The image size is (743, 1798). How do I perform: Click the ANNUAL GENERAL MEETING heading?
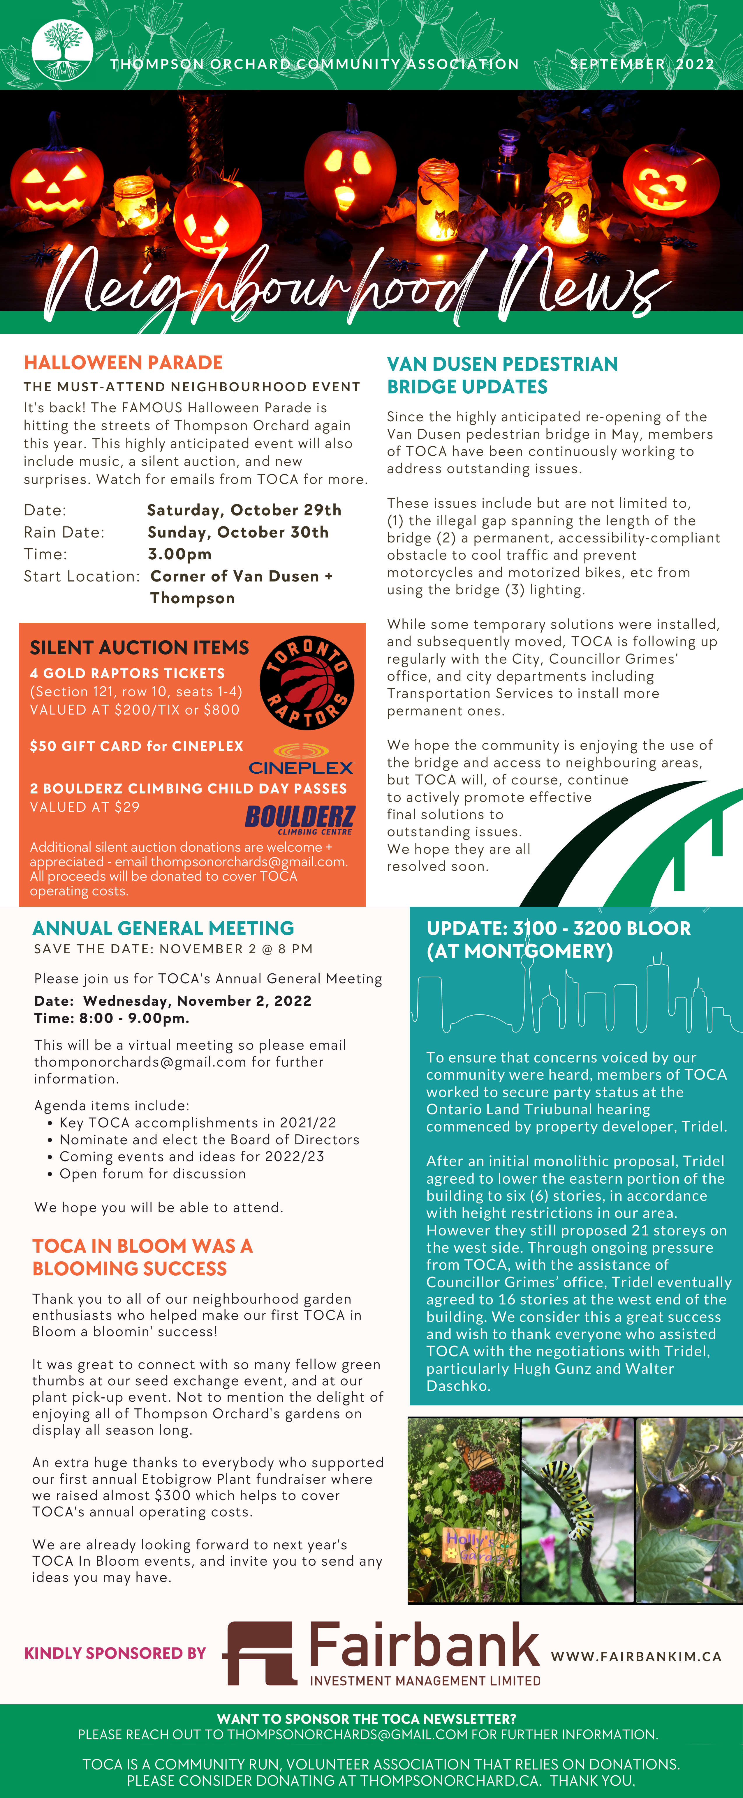tap(163, 928)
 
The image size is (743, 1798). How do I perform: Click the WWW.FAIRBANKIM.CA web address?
tap(635, 1656)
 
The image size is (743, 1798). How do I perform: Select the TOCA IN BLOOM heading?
tap(142, 1257)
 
